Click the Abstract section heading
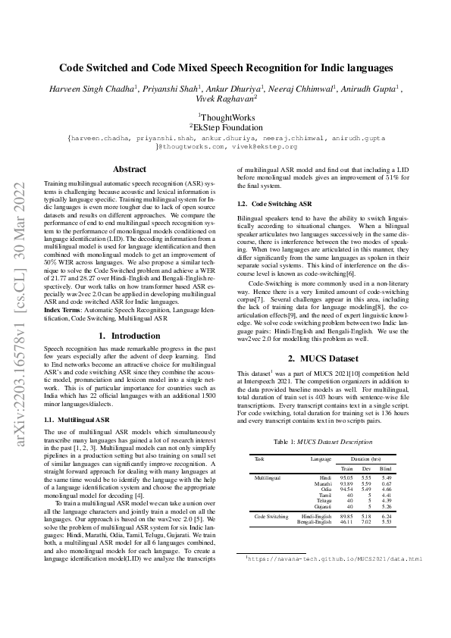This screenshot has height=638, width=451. point(129,169)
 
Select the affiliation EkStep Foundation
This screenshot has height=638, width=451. point(226,127)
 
